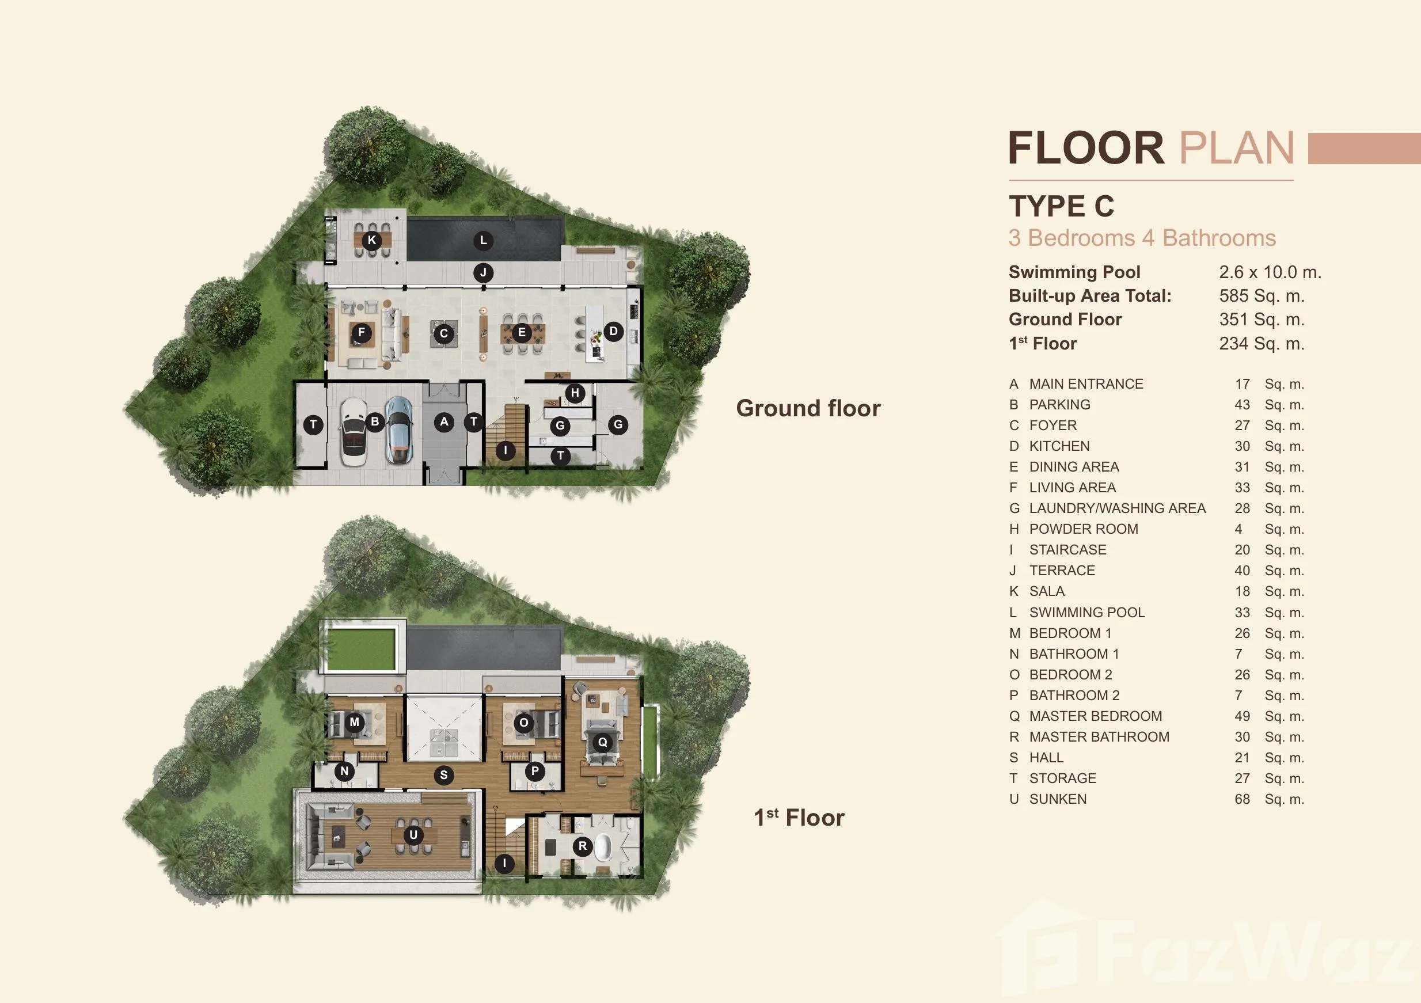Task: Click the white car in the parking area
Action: coord(354,432)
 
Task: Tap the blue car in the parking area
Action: coord(399,430)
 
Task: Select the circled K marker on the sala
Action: coord(372,240)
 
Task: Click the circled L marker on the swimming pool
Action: coord(484,241)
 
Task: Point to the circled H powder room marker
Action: coord(575,393)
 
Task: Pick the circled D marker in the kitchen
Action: coord(613,331)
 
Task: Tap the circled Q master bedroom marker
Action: coord(602,742)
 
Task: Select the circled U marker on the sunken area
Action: coord(413,835)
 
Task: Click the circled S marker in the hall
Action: coord(444,774)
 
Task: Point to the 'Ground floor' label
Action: coord(808,408)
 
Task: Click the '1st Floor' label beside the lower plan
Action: coord(799,818)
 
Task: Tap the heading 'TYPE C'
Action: coord(1061,206)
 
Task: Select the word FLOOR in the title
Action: coord(1086,149)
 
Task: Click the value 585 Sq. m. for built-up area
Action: coord(1262,296)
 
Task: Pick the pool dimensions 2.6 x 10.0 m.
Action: coord(1271,272)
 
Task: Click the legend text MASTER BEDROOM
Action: coord(1096,716)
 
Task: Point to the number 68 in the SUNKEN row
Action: coord(1242,799)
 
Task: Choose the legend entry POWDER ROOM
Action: coord(1084,529)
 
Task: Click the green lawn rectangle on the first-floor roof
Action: coord(358,649)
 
